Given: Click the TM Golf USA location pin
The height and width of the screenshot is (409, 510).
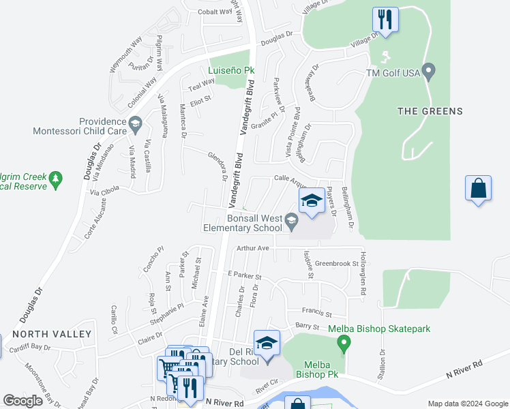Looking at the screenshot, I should point(429,71).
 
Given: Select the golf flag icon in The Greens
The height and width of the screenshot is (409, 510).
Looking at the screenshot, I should point(386,55).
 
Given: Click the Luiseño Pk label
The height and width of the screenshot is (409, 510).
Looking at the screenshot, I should point(231,70).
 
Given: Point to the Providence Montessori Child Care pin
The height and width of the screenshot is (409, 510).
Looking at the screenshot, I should point(135,123).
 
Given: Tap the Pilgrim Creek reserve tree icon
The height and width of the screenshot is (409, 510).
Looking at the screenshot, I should point(56,180).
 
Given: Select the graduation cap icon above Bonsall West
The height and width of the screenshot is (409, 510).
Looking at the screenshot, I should point(312,200).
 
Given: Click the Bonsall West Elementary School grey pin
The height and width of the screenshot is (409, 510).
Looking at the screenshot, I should point(291,219).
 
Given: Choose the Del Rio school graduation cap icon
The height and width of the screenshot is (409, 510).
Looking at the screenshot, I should point(267,342).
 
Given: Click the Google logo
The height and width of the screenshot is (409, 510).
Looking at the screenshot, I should point(23,401).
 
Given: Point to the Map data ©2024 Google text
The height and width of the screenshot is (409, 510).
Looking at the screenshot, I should point(467,404).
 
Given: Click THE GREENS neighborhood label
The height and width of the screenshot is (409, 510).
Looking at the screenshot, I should point(430,111).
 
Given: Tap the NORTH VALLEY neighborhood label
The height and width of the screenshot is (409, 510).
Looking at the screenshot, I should point(52,334).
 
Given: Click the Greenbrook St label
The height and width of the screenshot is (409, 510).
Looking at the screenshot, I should point(336,262).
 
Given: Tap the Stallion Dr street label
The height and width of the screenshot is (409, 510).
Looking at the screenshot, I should point(382,361).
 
